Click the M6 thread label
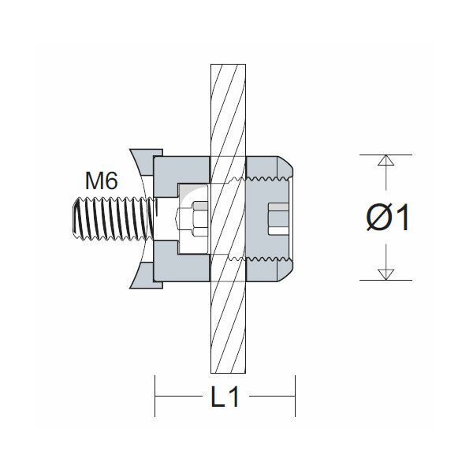[x=101, y=181]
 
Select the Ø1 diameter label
[x=389, y=218]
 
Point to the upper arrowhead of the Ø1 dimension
[x=384, y=161]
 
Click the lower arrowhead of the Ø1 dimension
[x=384, y=274]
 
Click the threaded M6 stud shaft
[x=106, y=218]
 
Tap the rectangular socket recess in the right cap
[x=277, y=218]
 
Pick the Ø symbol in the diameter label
[x=377, y=218]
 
